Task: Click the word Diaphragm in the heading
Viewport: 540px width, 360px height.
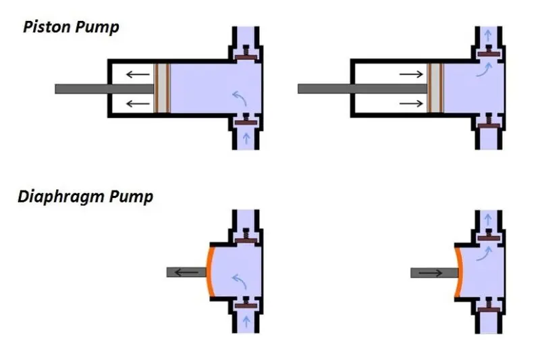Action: (x=61, y=197)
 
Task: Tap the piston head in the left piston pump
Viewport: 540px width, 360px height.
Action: (x=162, y=88)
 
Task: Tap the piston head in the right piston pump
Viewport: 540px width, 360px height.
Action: (x=435, y=88)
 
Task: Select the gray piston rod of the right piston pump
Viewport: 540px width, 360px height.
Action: (x=362, y=89)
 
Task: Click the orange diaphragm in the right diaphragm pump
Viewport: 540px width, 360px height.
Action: (x=458, y=272)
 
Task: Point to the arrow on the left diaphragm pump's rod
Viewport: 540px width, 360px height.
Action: (x=186, y=273)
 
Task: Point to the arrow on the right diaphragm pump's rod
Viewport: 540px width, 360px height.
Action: (x=431, y=273)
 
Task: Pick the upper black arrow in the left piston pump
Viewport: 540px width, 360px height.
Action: (x=138, y=74)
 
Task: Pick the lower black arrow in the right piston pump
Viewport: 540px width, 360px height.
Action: (x=411, y=103)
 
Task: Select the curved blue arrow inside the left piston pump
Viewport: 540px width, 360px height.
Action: (x=240, y=98)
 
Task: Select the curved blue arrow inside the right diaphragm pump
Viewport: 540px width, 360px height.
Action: (x=484, y=253)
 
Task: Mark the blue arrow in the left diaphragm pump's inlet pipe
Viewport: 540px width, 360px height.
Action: (x=246, y=322)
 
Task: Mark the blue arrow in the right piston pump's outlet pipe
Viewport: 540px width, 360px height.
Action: (x=487, y=36)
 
